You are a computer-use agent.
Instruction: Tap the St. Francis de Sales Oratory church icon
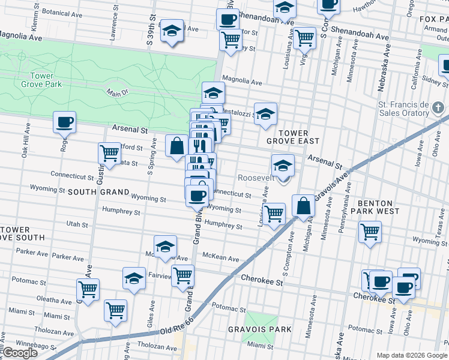(x=439, y=109)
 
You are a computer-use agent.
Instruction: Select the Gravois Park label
(x=259, y=329)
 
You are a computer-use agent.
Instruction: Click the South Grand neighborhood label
(x=98, y=192)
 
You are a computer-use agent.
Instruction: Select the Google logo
(x=20, y=353)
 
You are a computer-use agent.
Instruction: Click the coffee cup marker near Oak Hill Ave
(x=65, y=122)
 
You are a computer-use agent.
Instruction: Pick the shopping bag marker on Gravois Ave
(x=304, y=206)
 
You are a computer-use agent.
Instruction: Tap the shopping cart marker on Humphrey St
(x=274, y=212)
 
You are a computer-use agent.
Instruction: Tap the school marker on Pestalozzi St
(x=265, y=113)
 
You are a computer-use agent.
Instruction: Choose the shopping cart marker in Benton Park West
(x=370, y=231)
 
